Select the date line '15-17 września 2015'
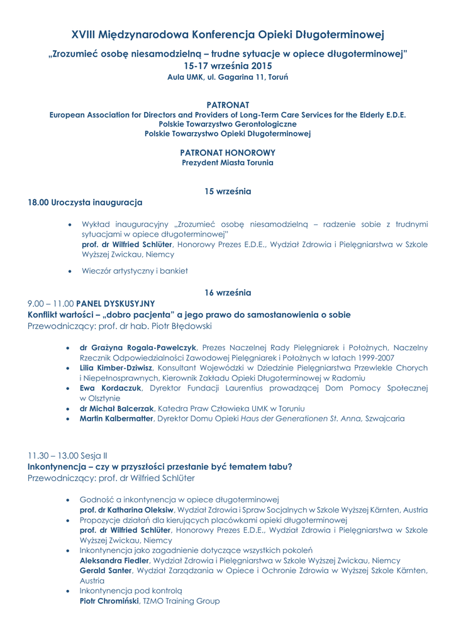(x=228, y=65)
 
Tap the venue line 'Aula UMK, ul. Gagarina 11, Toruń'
(x=228, y=77)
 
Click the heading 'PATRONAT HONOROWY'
(x=228, y=153)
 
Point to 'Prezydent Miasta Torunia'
(x=228, y=162)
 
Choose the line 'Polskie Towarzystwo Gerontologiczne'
(x=228, y=124)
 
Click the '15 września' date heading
(x=228, y=191)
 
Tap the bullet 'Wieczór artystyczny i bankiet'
(x=134, y=271)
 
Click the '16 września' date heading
(x=228, y=292)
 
